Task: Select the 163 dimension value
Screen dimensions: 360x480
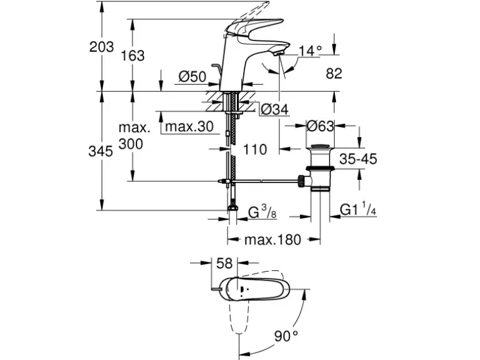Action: (132, 55)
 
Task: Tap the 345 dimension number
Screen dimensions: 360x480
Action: (102, 151)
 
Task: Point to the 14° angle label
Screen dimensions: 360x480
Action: (310, 50)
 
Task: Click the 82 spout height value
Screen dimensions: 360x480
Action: (334, 73)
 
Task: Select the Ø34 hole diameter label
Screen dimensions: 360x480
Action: (274, 110)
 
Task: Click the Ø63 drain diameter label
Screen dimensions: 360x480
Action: (320, 126)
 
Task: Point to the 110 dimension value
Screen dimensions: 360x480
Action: (254, 149)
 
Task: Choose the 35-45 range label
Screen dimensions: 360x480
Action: (358, 159)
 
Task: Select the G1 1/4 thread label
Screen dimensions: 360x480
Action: (358, 211)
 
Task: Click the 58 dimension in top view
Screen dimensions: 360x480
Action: (224, 264)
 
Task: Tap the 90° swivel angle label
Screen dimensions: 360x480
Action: (286, 336)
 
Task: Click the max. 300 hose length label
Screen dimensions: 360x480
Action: (135, 136)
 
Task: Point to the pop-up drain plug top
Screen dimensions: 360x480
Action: (320, 148)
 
